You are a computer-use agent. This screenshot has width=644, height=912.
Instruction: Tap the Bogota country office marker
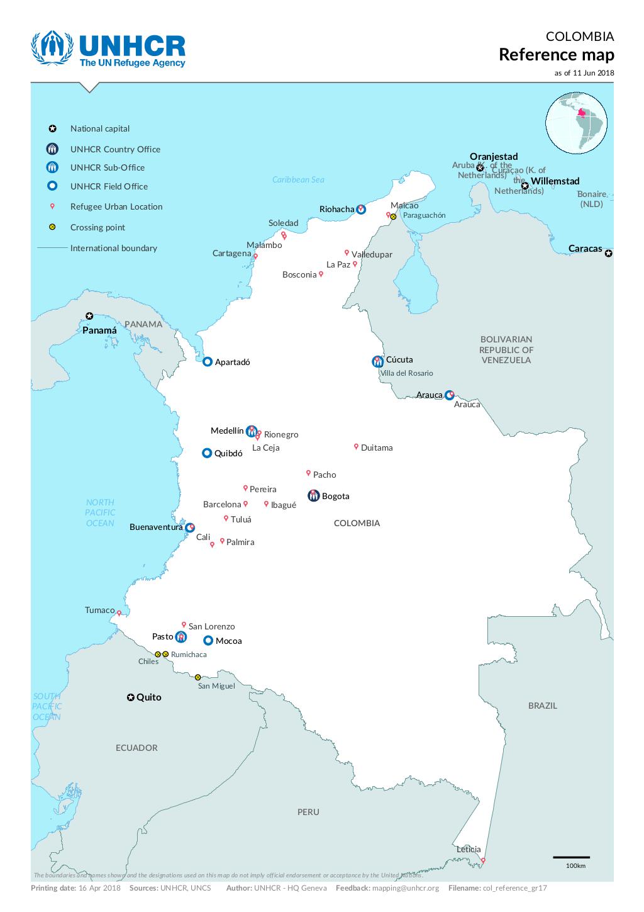point(313,496)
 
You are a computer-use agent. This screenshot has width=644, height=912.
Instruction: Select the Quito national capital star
point(130,697)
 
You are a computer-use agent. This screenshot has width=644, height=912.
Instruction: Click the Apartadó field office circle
point(208,361)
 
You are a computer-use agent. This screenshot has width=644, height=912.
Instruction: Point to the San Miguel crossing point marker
point(197,677)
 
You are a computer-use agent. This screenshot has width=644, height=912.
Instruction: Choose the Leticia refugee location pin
point(483,860)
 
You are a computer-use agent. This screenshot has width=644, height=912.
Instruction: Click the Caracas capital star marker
point(608,254)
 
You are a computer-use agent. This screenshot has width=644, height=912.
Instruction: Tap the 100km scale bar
point(571,857)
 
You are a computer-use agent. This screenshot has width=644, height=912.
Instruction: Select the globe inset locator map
point(576,122)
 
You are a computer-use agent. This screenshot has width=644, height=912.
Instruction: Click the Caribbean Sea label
point(298,180)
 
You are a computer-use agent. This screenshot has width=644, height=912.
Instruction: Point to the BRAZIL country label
point(542,706)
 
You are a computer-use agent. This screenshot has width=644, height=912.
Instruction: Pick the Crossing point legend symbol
point(53,227)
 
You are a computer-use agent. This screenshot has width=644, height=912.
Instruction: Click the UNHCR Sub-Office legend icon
point(53,167)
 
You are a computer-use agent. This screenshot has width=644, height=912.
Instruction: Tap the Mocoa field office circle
point(208,641)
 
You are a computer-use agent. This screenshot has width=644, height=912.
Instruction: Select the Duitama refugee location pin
point(356,446)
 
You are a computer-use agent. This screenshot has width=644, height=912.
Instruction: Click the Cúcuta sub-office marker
point(377,361)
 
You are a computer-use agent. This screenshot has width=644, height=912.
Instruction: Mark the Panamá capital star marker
point(89,316)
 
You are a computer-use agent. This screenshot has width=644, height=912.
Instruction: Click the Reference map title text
point(556,55)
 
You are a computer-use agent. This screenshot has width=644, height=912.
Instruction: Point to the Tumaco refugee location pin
point(119,612)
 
